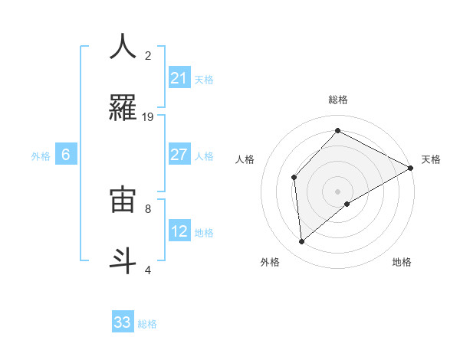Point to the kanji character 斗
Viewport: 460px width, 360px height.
tap(123, 260)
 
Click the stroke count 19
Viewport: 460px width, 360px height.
tap(148, 117)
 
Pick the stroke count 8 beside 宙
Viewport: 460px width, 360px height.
tap(148, 208)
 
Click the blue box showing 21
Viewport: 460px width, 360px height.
tap(179, 78)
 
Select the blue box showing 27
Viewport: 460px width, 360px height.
tap(179, 155)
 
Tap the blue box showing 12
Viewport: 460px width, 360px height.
tap(179, 231)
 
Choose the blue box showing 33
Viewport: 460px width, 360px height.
tap(123, 322)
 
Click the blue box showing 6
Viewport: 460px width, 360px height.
tap(66, 155)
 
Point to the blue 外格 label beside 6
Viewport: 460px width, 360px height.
tap(41, 155)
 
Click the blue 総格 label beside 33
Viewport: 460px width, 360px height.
tap(147, 324)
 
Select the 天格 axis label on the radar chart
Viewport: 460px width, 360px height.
tap(431, 159)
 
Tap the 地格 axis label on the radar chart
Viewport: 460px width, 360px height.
tap(402, 262)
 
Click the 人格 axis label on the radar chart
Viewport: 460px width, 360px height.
tap(245, 159)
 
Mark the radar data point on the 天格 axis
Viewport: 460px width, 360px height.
tap(411, 168)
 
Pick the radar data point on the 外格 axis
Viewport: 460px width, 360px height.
tap(302, 241)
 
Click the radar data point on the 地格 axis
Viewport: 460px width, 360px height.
tap(347, 204)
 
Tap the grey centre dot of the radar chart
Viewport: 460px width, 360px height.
tap(337, 191)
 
